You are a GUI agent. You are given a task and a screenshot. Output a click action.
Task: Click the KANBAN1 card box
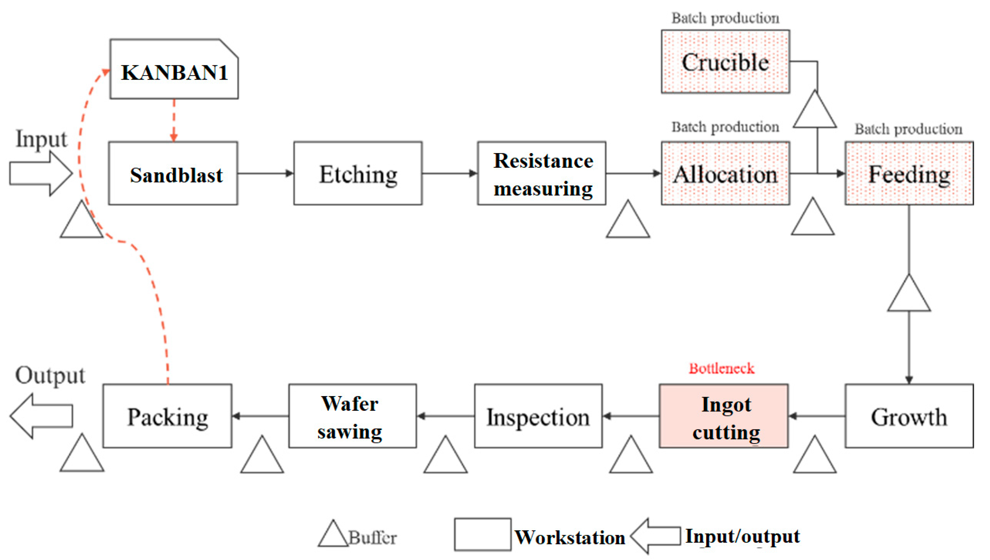pyautogui.click(x=174, y=69)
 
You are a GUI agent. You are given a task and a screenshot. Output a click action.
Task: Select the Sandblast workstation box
pyautogui.click(x=173, y=174)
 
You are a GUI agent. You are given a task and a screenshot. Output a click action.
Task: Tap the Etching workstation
pyautogui.click(x=358, y=174)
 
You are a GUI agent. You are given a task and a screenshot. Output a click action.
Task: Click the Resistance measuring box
pyautogui.click(x=542, y=174)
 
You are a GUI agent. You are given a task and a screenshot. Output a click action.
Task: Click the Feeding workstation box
pyautogui.click(x=909, y=174)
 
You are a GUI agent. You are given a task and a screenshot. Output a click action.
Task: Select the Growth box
pyautogui.click(x=909, y=416)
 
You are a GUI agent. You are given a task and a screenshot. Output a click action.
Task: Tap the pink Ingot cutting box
pyautogui.click(x=724, y=416)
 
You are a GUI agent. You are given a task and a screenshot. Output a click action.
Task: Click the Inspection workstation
pyautogui.click(x=538, y=416)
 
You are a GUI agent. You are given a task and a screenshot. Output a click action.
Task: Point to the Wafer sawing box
pyautogui.click(x=352, y=416)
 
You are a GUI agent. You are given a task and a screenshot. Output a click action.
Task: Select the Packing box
pyautogui.click(x=167, y=416)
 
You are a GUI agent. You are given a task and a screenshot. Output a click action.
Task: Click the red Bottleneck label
pyautogui.click(x=721, y=368)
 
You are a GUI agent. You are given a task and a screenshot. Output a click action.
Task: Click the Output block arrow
pyautogui.click(x=40, y=416)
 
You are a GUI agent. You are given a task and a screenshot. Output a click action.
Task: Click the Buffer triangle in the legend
pyautogui.click(x=333, y=536)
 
